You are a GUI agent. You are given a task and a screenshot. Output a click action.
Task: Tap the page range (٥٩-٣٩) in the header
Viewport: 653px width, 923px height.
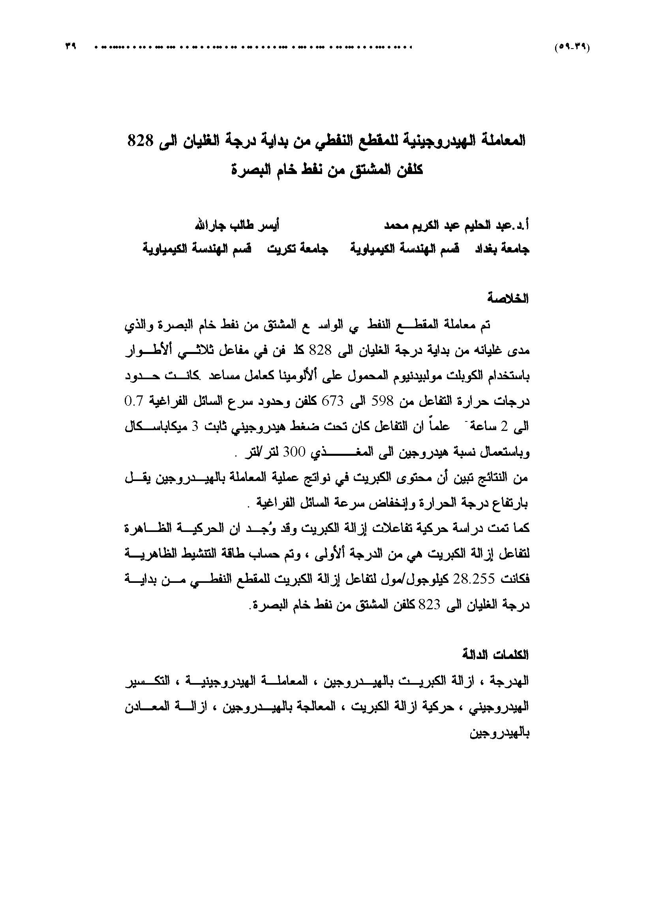tap(573, 47)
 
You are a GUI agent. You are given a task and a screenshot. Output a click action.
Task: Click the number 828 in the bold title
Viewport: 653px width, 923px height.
tap(138, 142)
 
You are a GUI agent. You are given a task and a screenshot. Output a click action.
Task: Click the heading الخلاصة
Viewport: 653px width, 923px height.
tap(508, 298)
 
